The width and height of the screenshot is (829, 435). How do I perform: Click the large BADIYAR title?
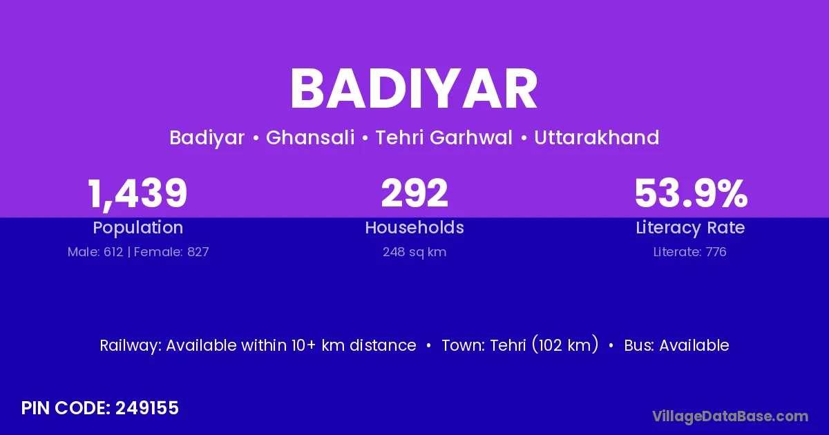point(414,89)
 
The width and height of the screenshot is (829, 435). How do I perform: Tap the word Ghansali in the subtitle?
point(310,137)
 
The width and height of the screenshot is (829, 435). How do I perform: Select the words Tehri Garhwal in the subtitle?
point(444,137)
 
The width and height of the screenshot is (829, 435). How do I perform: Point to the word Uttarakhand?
point(597,137)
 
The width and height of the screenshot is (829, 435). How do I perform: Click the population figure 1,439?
point(137,194)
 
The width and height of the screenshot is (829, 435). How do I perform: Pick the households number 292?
point(414,193)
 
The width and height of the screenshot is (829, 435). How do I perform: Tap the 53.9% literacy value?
point(691,193)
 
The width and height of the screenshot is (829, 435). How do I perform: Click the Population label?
point(138,228)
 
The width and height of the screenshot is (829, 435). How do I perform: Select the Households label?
point(414,227)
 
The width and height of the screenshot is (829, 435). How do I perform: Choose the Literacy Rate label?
point(690,228)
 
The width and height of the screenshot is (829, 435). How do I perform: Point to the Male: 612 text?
point(95,252)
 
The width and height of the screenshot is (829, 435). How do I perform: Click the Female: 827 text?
point(171,252)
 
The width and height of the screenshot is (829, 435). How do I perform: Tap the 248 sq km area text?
point(414,252)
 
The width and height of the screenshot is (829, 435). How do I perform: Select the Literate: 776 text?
point(690,252)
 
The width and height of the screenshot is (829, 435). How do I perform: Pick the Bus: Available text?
point(676,345)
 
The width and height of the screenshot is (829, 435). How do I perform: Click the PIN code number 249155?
point(147,408)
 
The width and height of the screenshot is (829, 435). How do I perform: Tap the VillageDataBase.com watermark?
point(730,416)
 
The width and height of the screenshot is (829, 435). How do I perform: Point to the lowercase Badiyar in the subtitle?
point(207,138)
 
